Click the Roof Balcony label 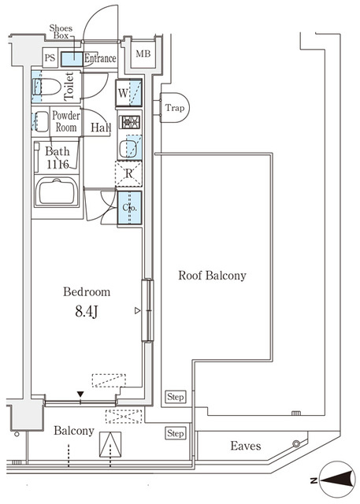point(212,276)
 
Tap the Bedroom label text point(87,291)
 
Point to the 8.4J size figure point(86,312)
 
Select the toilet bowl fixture point(47,87)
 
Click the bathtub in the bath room point(57,191)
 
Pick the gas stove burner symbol point(129,122)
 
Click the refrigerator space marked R point(128,173)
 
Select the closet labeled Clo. point(129,208)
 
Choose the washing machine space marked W point(129,93)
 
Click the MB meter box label point(143,54)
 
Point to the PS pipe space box point(50,58)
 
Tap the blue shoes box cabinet point(72,59)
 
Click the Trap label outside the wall point(175,108)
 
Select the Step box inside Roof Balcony point(176,397)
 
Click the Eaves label point(246,446)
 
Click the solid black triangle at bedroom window point(80,394)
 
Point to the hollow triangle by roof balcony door point(138,310)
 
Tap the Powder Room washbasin point(40,121)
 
